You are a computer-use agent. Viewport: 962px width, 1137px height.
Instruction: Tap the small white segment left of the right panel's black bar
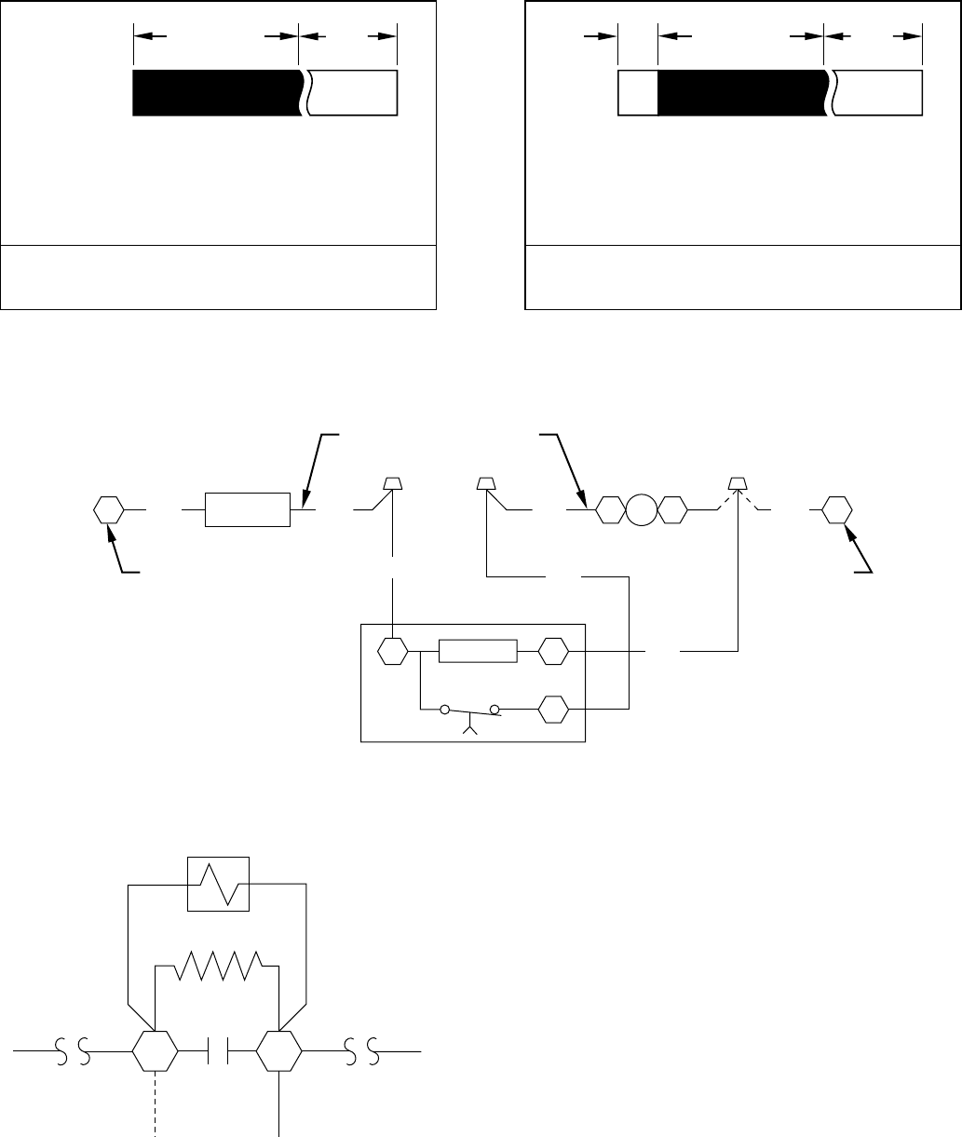[x=638, y=92]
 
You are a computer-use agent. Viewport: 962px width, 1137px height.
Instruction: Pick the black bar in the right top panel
[x=740, y=92]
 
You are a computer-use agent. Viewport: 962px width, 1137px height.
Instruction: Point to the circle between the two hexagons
[x=641, y=510]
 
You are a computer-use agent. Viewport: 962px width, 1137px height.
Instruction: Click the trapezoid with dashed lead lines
[x=738, y=483]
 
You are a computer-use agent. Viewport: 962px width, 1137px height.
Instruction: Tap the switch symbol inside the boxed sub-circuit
[x=471, y=712]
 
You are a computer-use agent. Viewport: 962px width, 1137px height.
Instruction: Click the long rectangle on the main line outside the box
[x=248, y=510]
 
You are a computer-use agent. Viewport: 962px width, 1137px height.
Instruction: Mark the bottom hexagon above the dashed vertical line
[x=155, y=1052]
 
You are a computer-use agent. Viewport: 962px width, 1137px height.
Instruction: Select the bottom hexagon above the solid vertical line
[x=279, y=1052]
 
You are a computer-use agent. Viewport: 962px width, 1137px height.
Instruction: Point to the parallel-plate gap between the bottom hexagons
[x=217, y=1052]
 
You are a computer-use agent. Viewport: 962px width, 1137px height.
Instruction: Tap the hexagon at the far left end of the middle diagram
[x=109, y=510]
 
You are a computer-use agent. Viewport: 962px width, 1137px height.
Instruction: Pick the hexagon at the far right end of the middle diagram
[x=836, y=510]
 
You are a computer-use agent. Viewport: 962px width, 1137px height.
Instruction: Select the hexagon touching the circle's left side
[x=610, y=510]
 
